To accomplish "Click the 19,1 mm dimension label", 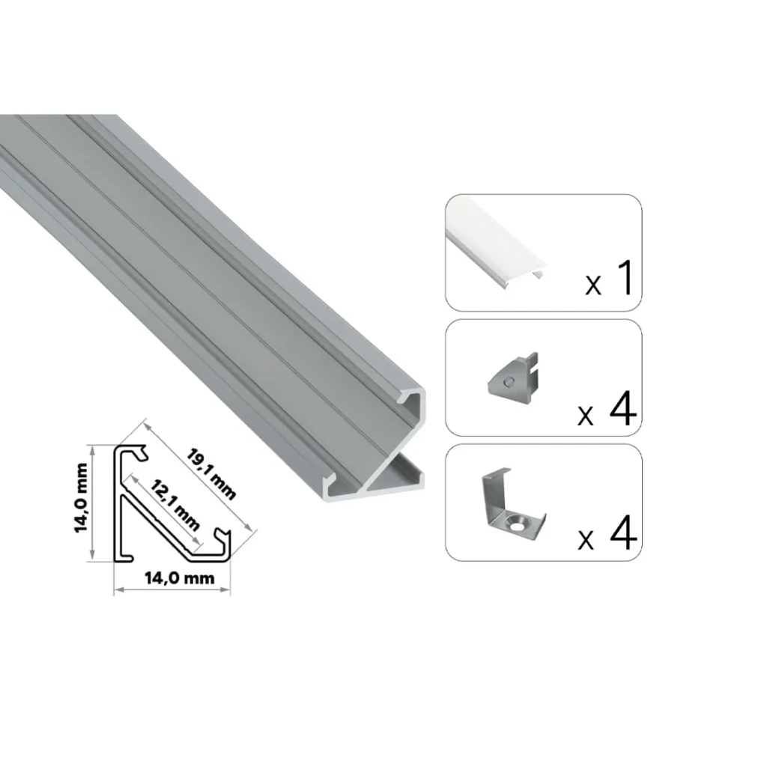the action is point(211,474).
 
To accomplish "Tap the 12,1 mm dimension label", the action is point(175,506).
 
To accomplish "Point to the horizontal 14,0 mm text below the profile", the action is point(180,578).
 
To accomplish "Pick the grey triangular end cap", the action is point(513,378).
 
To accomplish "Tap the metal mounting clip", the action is point(514,505).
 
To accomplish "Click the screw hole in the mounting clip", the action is point(518,524).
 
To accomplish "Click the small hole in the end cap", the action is point(510,381).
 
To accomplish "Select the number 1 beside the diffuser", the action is point(625,278).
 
